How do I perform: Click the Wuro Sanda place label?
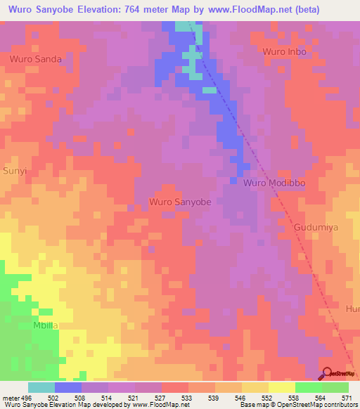pyautogui.click(x=35, y=60)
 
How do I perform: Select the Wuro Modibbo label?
pyautogui.click(x=275, y=183)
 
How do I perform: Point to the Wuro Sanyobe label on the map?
pyautogui.click(x=180, y=202)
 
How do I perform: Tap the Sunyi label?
pyautogui.click(x=14, y=171)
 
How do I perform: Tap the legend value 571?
pyautogui.click(x=347, y=398)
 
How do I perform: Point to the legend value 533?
pyautogui.click(x=186, y=398)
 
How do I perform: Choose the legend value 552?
pyautogui.click(x=266, y=398)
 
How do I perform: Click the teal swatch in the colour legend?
pyautogui.click(x=41, y=387)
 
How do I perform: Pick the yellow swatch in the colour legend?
pyautogui.click(x=282, y=387)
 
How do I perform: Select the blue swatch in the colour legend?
pyautogui.click(x=68, y=387)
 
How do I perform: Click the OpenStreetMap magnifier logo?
pyautogui.click(x=328, y=374)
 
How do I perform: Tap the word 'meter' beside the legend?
pyautogui.click(x=10, y=398)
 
